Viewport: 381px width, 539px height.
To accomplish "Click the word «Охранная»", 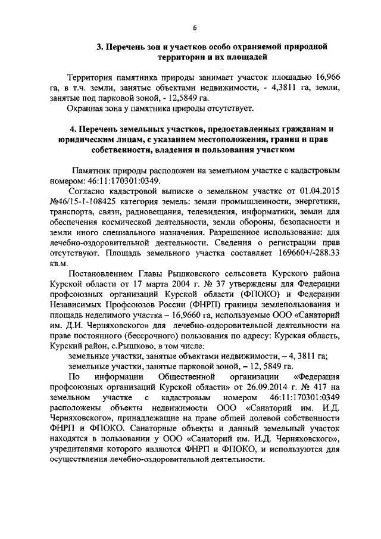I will pos(88,108).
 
